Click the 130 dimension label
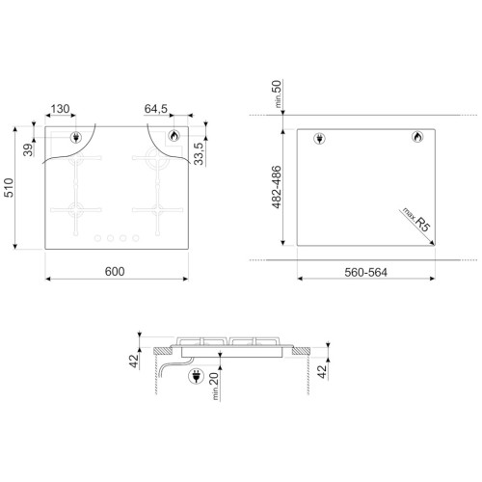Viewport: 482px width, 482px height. click(60, 109)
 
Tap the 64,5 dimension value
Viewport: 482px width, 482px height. click(156, 109)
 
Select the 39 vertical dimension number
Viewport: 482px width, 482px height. click(28, 150)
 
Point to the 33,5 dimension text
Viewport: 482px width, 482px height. click(199, 153)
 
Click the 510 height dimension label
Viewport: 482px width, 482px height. click(9, 188)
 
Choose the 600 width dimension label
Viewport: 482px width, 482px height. click(115, 272)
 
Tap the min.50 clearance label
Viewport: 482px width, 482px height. click(277, 94)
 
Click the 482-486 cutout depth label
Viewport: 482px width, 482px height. click(277, 187)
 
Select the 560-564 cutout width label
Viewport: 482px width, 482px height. click(365, 273)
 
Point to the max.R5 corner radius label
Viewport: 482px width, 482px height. click(416, 219)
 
